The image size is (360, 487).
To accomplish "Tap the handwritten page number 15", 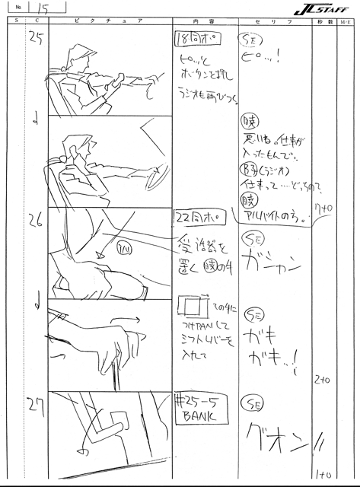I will pos(39,8).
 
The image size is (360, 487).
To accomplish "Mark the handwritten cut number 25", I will pos(33,40).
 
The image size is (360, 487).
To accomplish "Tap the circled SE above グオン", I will pos(250,405).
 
